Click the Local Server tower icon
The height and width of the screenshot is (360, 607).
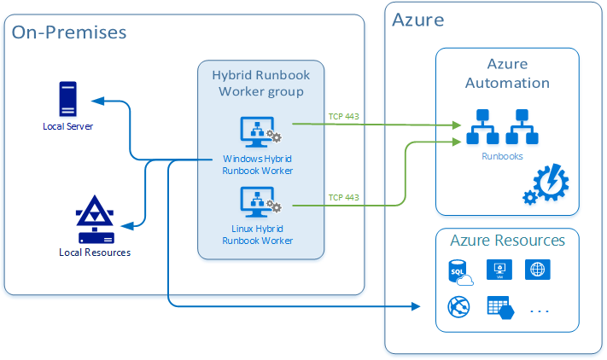[67, 98]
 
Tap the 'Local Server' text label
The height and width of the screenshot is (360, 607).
[67, 126]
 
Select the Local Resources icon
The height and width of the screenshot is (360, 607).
[95, 220]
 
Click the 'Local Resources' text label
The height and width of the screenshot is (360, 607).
[95, 252]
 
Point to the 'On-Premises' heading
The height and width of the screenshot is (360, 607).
[69, 32]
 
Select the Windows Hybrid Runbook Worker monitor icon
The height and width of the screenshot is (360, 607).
[257, 132]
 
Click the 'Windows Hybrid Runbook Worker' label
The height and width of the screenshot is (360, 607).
[258, 165]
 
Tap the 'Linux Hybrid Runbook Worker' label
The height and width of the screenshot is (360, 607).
[258, 235]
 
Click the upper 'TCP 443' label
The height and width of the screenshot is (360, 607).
[343, 116]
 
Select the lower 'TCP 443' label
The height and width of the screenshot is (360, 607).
[343, 197]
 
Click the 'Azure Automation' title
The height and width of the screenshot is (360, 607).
[506, 74]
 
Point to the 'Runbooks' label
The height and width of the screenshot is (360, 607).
[497, 157]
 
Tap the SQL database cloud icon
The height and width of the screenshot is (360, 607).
[460, 272]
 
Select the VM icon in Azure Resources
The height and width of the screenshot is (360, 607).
[499, 270]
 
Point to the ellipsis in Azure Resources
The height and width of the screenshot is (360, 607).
[540, 311]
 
